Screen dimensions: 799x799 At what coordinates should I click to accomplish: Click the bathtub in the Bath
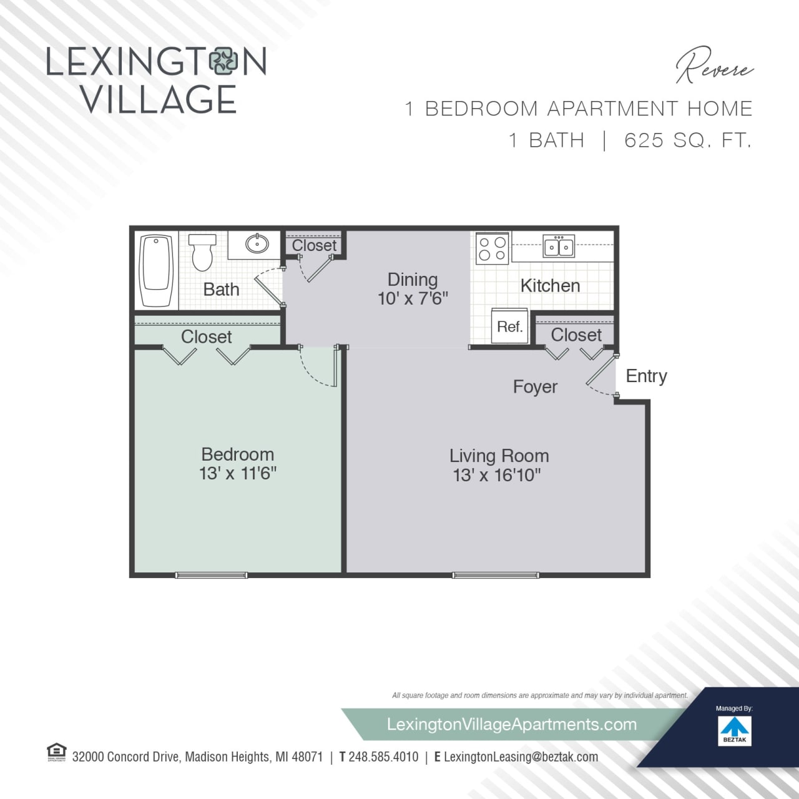point(156,270)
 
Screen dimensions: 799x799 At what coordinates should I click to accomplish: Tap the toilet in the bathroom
point(202,252)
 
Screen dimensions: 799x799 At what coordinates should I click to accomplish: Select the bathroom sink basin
point(257,243)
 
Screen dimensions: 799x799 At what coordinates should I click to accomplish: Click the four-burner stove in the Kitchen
point(491,248)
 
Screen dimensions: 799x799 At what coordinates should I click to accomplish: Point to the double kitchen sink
point(559,246)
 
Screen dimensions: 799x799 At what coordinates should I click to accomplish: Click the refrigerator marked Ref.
point(510,326)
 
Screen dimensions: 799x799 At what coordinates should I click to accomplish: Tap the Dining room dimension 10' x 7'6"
point(413,298)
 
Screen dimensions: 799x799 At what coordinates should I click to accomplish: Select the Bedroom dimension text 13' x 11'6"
point(238,474)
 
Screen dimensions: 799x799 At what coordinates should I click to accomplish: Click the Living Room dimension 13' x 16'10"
point(497,476)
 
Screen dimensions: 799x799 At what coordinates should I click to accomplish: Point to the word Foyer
point(535,387)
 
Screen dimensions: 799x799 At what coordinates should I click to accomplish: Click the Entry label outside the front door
point(646,376)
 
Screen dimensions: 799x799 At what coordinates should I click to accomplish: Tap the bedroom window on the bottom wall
point(212,575)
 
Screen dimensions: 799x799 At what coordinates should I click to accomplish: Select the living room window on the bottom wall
point(496,575)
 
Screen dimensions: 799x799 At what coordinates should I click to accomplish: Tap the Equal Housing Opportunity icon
point(57,752)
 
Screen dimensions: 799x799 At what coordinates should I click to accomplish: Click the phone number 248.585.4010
point(383,757)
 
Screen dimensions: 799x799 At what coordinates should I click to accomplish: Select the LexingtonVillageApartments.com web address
point(512,724)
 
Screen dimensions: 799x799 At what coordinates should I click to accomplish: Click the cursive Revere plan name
point(715,66)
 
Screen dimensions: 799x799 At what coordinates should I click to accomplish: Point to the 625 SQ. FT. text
point(688,140)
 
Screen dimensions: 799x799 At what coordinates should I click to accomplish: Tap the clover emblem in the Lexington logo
point(223,62)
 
